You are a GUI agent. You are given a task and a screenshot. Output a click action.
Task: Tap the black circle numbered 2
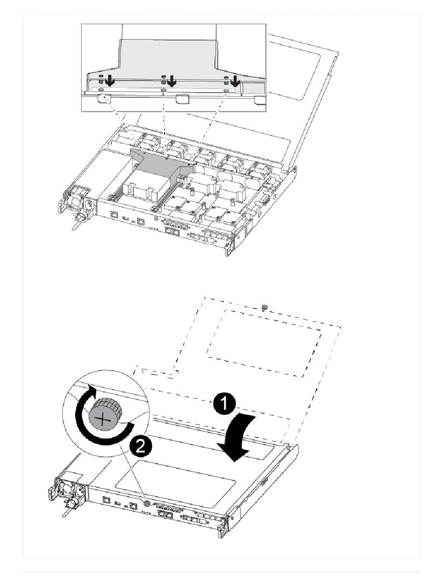coord(140,447)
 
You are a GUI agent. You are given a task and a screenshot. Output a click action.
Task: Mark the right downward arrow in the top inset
coord(235,82)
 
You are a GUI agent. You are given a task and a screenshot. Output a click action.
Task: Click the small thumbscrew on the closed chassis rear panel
coord(146,503)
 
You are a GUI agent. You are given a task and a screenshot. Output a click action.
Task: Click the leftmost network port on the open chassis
coord(114,216)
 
